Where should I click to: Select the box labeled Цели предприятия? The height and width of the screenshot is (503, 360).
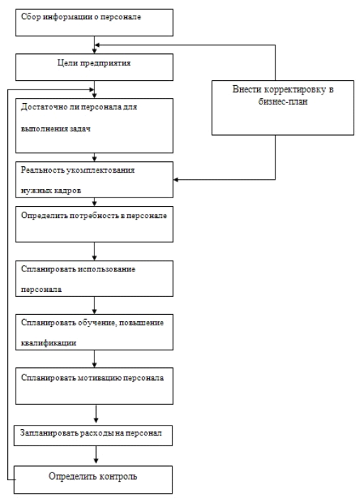tap(94, 67)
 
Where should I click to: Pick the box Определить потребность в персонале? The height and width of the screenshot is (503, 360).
tap(94, 225)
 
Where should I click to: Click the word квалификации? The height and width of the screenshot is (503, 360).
tap(49, 343)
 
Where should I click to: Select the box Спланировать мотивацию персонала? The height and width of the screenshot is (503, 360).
tap(94, 386)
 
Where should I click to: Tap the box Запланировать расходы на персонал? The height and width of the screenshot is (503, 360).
tap(93, 436)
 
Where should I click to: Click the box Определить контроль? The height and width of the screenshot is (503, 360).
tap(93, 480)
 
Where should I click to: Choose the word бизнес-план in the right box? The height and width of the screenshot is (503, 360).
tap(283, 102)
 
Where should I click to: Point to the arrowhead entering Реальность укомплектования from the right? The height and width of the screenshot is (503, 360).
tap(176, 180)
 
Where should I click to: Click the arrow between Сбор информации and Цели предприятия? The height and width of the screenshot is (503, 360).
tap(94, 45)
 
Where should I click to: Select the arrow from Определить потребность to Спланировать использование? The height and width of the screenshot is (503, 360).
tap(94, 251)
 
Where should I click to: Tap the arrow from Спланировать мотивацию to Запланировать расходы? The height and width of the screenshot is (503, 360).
tap(96, 415)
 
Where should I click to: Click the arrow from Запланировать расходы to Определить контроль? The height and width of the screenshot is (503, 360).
tap(96, 455)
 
